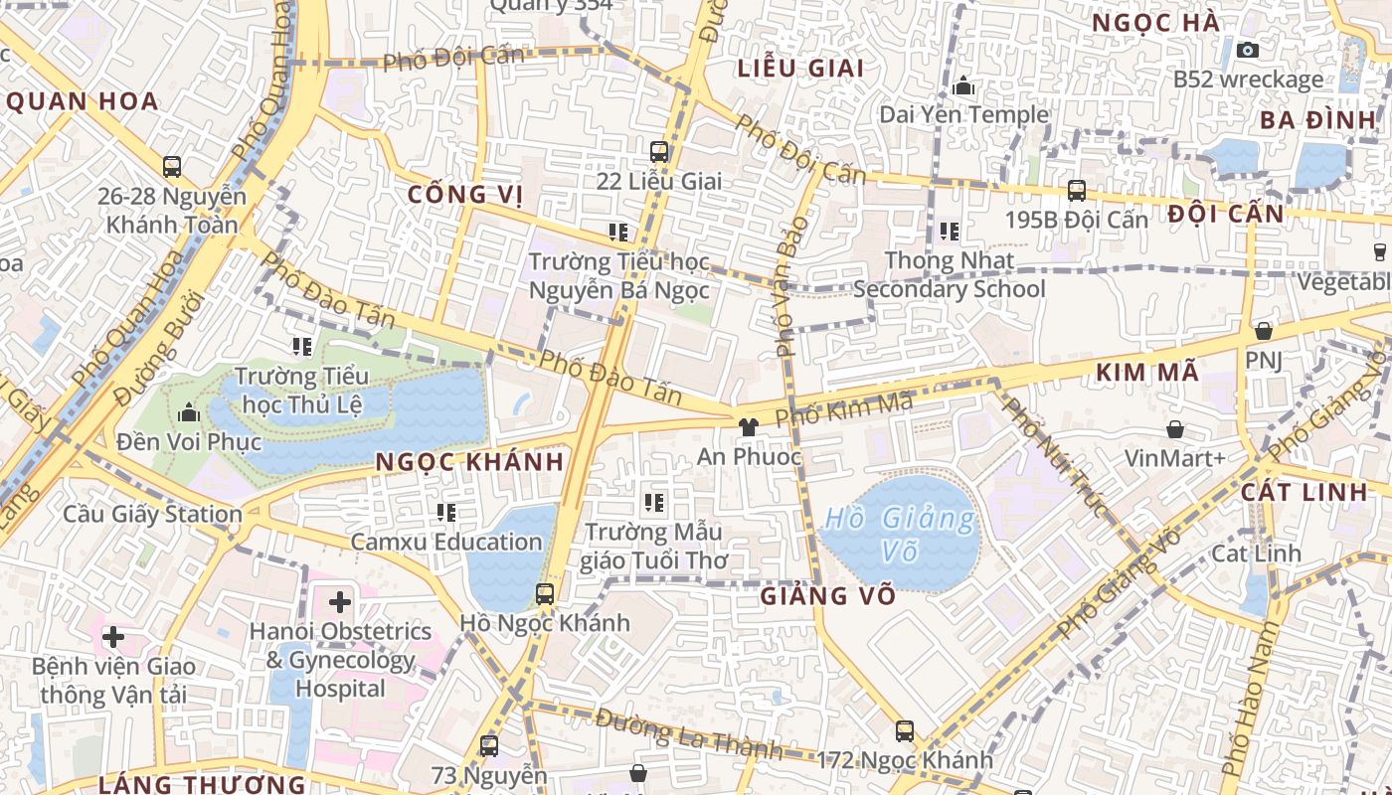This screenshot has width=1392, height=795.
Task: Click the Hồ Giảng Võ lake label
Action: (x=900, y=535)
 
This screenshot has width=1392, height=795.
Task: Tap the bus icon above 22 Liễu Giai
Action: (x=658, y=152)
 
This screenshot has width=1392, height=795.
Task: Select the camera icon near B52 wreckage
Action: (x=1247, y=50)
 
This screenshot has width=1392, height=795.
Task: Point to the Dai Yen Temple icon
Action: (x=962, y=86)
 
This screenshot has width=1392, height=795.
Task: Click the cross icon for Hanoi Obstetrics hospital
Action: (x=340, y=601)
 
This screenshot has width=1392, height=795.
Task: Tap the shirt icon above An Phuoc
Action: (x=749, y=427)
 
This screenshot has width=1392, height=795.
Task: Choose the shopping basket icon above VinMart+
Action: (x=1175, y=429)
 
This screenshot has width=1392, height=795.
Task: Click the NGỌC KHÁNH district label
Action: (x=469, y=462)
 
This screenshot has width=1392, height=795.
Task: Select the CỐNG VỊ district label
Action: (x=465, y=194)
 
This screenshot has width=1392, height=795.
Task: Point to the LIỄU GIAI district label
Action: (x=800, y=69)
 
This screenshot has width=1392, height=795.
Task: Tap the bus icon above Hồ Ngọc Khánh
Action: (x=544, y=594)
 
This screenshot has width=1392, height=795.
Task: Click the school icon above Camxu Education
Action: (x=446, y=513)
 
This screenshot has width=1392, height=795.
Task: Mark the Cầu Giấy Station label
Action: (x=152, y=515)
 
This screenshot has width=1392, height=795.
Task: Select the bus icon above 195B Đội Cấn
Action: (x=1076, y=190)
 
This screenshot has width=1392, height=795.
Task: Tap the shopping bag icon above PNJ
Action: (x=1263, y=331)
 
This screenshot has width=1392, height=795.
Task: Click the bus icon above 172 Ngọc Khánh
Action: (x=905, y=731)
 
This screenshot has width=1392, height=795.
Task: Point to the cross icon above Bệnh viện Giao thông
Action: (x=113, y=636)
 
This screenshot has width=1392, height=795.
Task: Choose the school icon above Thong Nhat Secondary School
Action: (x=950, y=232)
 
